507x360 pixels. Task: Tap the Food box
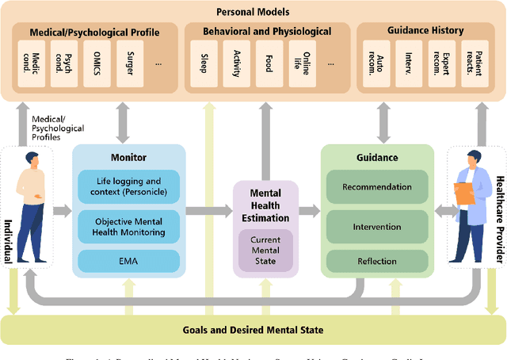click(x=270, y=61)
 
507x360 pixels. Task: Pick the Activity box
click(x=237, y=61)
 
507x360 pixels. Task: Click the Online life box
click(x=303, y=61)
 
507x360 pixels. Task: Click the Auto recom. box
click(x=375, y=61)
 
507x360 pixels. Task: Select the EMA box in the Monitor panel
click(x=128, y=260)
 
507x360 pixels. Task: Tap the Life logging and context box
click(x=128, y=187)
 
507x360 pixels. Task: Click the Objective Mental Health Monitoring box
click(x=128, y=226)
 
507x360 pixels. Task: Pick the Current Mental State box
click(x=265, y=251)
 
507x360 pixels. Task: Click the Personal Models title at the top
click(x=253, y=11)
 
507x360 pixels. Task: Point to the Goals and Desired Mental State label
click(x=253, y=330)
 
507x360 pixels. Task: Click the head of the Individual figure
click(x=32, y=161)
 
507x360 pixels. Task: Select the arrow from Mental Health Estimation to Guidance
click(x=310, y=210)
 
